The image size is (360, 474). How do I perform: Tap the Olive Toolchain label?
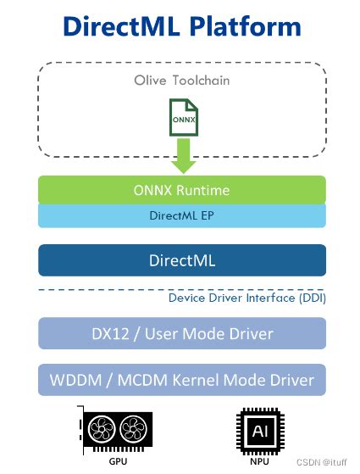181,81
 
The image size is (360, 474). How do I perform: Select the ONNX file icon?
182,118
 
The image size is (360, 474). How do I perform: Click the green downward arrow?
182,155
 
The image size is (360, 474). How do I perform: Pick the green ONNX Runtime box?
181,190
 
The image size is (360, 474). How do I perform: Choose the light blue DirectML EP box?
181,216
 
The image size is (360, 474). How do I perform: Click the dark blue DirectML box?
181,259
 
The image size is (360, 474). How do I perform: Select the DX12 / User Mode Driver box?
181,333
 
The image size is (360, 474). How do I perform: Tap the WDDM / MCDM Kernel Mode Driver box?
181,379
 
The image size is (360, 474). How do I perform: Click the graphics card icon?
117,430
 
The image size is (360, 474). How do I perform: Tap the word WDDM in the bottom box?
75,379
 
